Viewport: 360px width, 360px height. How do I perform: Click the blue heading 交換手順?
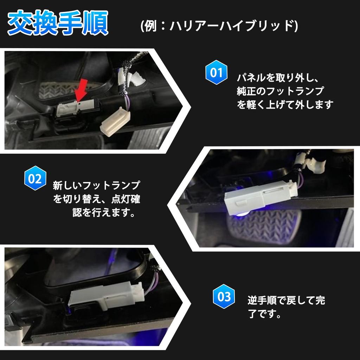(58, 24)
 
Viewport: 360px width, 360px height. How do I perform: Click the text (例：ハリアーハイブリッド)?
(219, 26)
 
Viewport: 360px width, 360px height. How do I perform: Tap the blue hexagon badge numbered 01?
(216, 73)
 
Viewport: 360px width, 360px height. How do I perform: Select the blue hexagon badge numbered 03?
(224, 297)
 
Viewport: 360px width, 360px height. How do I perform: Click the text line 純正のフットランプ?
(280, 91)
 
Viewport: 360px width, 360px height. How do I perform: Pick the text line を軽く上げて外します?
(285, 105)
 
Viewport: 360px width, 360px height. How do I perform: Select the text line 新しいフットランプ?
(96, 185)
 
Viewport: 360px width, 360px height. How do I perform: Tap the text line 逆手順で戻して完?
(286, 301)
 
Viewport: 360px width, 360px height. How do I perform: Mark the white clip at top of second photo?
(315, 165)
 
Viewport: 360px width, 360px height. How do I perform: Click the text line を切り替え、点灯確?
(96, 199)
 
